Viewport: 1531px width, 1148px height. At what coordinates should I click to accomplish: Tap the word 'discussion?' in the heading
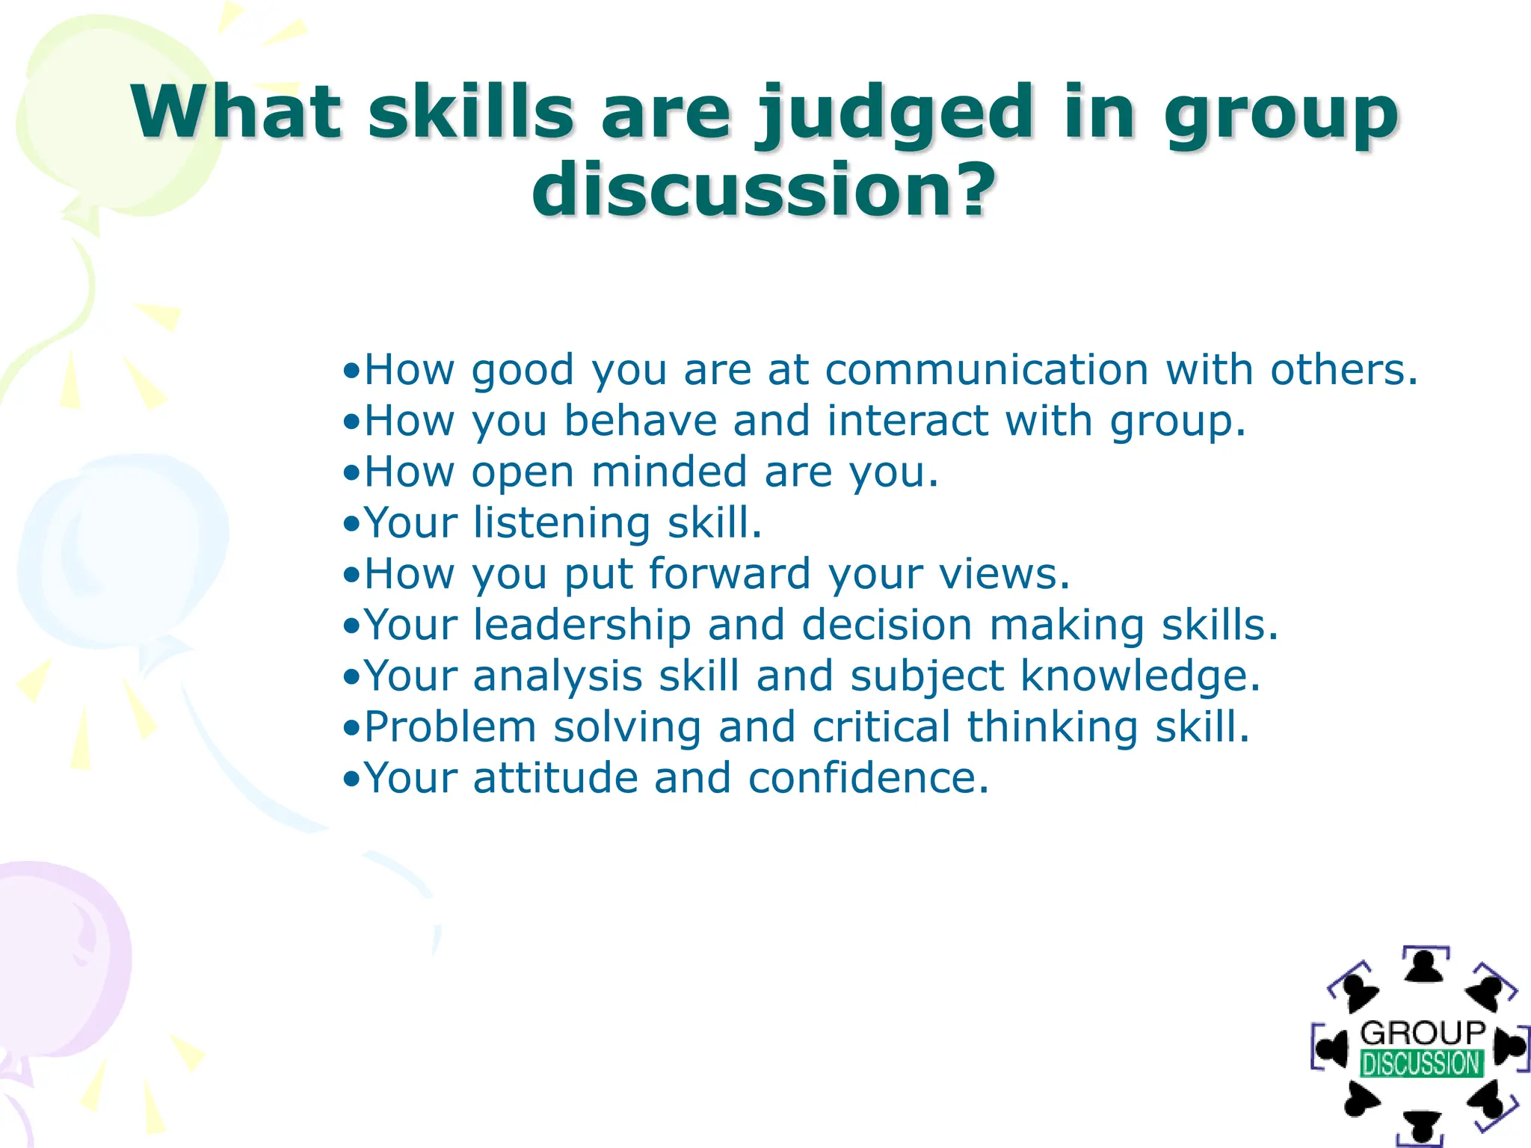click(x=764, y=190)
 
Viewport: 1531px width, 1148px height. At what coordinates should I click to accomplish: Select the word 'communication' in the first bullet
click(x=987, y=369)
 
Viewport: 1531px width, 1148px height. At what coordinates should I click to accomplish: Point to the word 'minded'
click(x=669, y=472)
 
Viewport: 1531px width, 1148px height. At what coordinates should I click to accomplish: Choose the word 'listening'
click(x=561, y=522)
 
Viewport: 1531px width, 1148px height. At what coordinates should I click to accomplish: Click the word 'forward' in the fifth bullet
click(x=730, y=574)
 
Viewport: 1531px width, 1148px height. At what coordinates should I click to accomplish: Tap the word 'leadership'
click(x=582, y=625)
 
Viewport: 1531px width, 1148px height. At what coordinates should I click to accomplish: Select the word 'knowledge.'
click(x=1141, y=676)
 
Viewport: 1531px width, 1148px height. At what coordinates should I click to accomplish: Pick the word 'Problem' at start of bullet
click(x=450, y=727)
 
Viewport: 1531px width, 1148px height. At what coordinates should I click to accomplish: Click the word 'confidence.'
click(x=869, y=778)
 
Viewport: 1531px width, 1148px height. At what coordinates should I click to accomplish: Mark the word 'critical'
click(x=881, y=727)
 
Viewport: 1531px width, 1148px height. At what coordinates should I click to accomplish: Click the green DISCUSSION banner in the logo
click(x=1421, y=1063)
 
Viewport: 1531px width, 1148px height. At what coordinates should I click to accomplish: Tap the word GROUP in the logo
click(x=1423, y=1034)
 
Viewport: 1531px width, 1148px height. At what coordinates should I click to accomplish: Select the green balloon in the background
click(x=112, y=112)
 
